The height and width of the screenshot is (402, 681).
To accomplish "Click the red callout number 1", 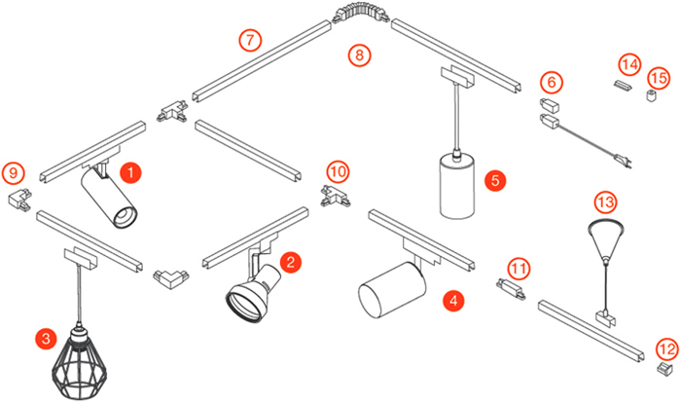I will [131, 171].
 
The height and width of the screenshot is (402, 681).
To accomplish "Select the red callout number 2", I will [290, 261].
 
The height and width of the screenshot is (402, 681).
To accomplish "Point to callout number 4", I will [452, 301].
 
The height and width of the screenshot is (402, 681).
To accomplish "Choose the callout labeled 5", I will [495, 179].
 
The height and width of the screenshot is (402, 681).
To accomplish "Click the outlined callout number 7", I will [250, 40].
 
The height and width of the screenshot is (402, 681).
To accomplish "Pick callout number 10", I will [337, 171].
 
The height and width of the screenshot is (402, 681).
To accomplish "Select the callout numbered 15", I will [659, 77].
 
